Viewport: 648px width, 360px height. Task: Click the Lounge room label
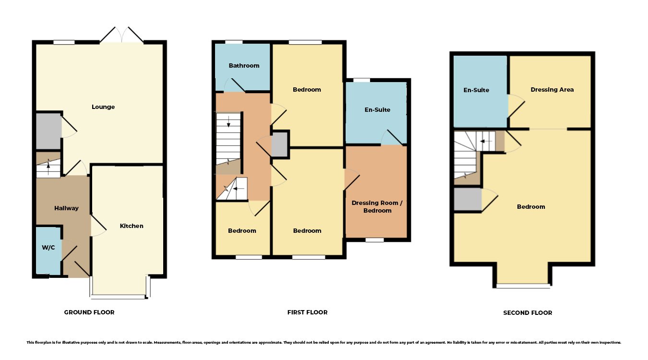pos(103,107)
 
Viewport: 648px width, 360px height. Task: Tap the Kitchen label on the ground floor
pos(132,226)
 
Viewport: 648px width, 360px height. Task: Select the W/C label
pos(48,248)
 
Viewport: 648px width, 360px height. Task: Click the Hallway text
pos(66,208)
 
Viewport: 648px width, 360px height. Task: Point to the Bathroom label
pos(244,66)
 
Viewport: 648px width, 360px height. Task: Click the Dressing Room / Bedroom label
pos(377,207)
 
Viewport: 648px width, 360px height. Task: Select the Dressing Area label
pos(552,90)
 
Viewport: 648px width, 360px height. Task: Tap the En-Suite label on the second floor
pos(476,90)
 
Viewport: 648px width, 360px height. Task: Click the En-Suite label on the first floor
pos(377,110)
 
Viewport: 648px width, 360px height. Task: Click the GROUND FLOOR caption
pos(89,312)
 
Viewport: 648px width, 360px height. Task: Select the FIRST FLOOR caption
pos(307,312)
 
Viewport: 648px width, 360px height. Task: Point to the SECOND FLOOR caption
pos(528,313)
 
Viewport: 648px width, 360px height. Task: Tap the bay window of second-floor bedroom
pos(523,286)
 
